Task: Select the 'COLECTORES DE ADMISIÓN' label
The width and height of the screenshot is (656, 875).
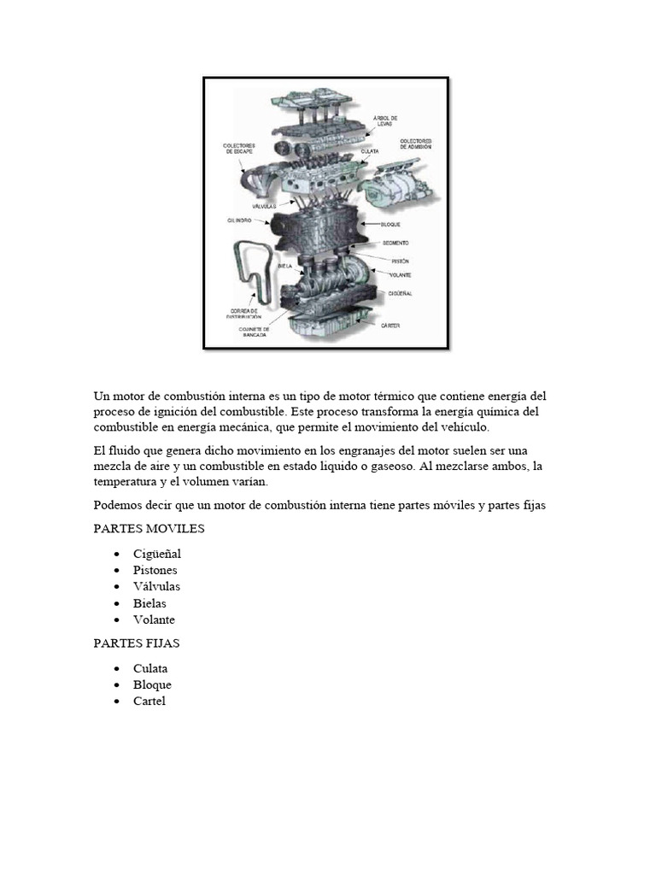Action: coord(415,143)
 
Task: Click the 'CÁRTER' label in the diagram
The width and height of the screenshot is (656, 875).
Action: coord(390,326)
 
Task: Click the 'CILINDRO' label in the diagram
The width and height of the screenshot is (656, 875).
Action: coord(240,220)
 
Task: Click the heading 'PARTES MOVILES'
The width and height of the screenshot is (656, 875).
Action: coord(149,529)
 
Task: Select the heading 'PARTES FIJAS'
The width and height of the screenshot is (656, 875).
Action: coord(137,643)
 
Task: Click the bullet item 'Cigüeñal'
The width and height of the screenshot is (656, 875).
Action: coord(156,554)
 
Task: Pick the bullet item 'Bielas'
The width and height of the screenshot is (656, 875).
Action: coord(149,603)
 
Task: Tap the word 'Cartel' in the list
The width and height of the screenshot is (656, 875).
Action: coord(149,702)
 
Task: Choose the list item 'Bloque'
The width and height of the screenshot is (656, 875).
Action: coord(152,684)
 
